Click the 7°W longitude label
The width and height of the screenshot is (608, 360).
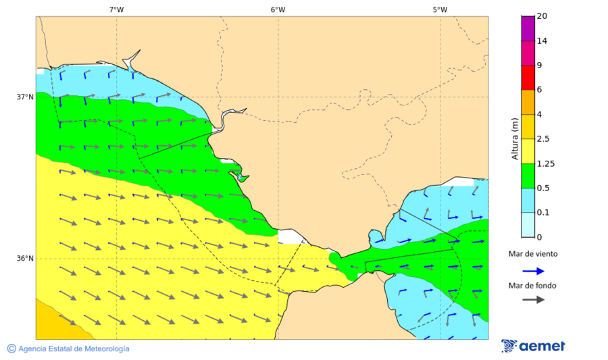[x=116, y=9]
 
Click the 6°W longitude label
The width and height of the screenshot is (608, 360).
[x=278, y=9]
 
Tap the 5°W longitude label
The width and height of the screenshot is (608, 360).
[x=440, y=9]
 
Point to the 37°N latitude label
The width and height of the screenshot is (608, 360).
[x=25, y=97]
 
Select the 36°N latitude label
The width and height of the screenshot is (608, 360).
[x=25, y=258]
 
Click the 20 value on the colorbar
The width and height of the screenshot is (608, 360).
[x=542, y=16]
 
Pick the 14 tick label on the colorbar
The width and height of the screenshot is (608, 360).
[x=542, y=41]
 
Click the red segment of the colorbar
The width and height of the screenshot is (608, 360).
[x=528, y=77]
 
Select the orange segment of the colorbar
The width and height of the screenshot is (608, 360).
[x=528, y=102]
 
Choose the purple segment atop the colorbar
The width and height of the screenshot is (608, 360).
[x=528, y=28]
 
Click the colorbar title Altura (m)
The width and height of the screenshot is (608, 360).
[x=515, y=138]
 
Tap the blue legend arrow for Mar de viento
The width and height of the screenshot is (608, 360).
[x=533, y=271]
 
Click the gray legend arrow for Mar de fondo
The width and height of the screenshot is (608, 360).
[x=533, y=299]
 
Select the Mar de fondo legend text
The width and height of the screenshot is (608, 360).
[x=533, y=286]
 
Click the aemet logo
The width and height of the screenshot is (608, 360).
[x=533, y=346]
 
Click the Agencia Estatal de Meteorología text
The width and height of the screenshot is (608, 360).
[x=74, y=349]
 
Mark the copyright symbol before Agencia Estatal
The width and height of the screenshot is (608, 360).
[x=11, y=349]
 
